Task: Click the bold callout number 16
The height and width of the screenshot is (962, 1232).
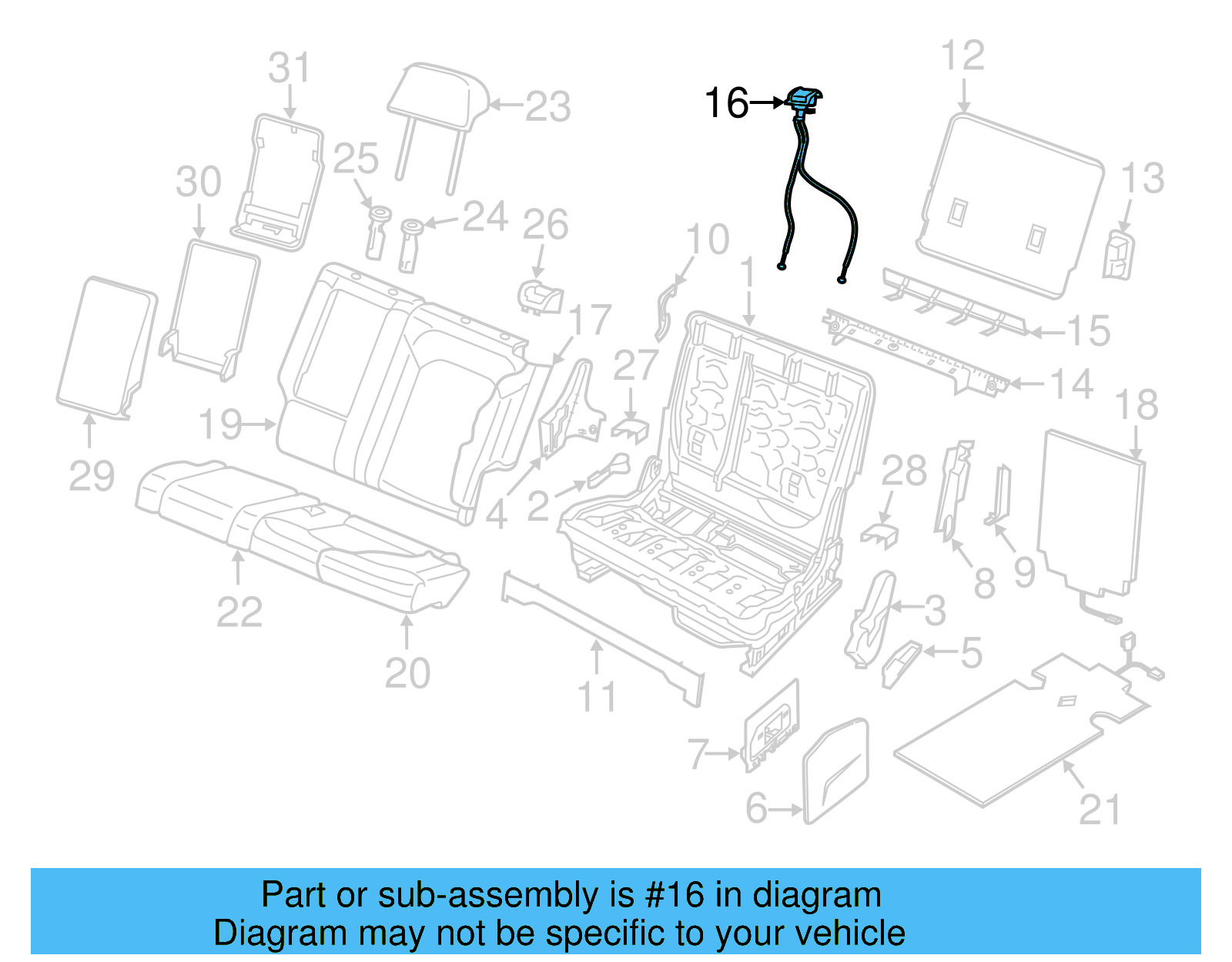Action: (x=726, y=103)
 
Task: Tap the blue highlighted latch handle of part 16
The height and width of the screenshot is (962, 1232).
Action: (x=804, y=99)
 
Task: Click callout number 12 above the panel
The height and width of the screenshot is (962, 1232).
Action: (x=962, y=56)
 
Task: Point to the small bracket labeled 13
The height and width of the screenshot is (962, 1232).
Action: (x=1118, y=255)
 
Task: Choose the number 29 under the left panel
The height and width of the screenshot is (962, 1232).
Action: (x=92, y=476)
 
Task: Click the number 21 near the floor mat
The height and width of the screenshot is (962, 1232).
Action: (x=1099, y=809)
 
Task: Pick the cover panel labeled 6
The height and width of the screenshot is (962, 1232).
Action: (x=836, y=770)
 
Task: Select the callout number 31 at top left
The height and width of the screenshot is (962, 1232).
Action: (x=289, y=68)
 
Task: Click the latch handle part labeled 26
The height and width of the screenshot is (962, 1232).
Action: (x=541, y=296)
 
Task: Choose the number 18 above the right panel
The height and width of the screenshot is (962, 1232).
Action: (x=1136, y=405)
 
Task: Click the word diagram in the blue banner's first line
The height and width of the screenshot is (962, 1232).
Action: (x=816, y=896)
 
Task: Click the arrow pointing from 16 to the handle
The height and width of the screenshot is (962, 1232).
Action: (x=767, y=102)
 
